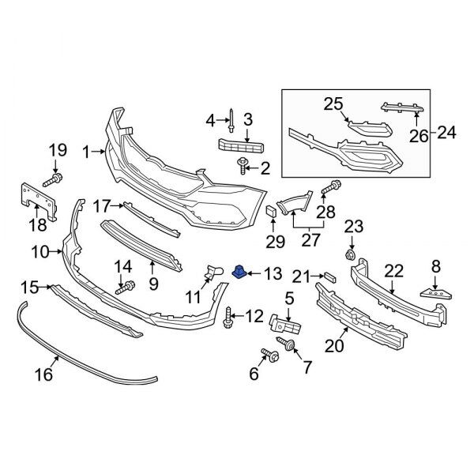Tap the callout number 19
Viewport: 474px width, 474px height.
click(x=58, y=149)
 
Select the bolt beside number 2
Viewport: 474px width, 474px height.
click(x=242, y=166)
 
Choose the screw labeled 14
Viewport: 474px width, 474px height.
click(x=125, y=288)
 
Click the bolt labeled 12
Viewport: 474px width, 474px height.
click(x=229, y=318)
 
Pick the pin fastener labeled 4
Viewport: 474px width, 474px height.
click(x=229, y=121)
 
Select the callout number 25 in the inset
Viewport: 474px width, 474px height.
click(x=333, y=102)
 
